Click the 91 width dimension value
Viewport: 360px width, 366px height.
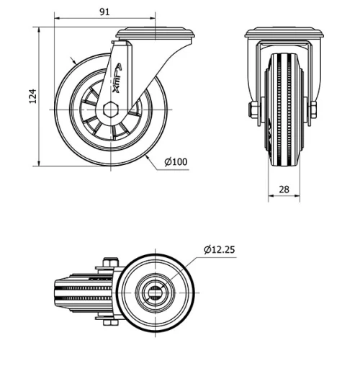tap(104, 12)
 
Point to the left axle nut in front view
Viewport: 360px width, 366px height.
tap(253, 110)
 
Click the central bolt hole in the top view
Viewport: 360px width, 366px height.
tap(155, 291)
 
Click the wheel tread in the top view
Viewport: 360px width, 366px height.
tap(79, 291)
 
